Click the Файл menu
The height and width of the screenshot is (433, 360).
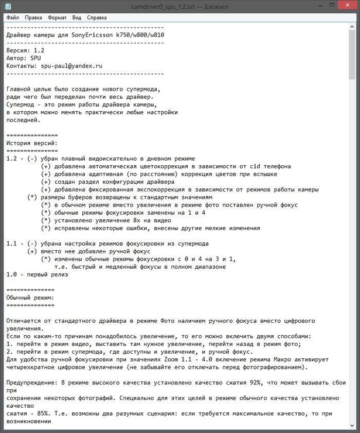(13, 17)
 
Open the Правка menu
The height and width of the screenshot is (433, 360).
(33, 17)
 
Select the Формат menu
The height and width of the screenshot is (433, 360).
(57, 17)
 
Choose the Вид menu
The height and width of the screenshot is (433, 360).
(77, 17)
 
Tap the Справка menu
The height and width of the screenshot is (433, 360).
(97, 17)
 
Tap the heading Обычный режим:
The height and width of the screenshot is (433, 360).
(30, 298)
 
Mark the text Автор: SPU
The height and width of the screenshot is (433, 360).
(23, 58)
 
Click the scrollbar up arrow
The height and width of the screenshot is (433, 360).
(352, 27)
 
